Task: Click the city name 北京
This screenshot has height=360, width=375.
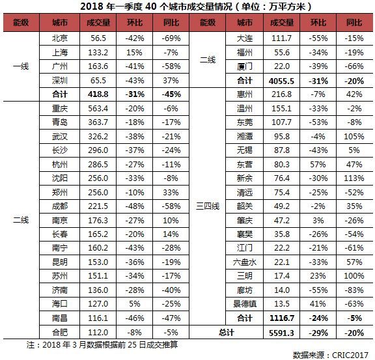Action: click(x=60, y=38)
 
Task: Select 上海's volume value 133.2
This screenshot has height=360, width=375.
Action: click(x=98, y=52)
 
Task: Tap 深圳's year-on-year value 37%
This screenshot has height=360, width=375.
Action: click(x=171, y=80)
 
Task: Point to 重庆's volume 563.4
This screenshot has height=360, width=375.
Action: click(x=98, y=109)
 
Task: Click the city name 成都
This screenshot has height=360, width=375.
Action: click(x=60, y=206)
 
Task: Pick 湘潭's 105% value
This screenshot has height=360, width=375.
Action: click(x=354, y=136)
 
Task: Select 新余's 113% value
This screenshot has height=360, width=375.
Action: click(x=354, y=178)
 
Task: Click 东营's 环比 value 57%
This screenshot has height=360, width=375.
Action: click(x=318, y=165)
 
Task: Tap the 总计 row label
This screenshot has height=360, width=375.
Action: click(x=227, y=333)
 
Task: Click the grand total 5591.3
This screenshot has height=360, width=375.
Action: click(x=281, y=333)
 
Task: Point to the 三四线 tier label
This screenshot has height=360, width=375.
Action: click(x=208, y=206)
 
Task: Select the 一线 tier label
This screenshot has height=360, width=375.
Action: click(x=21, y=66)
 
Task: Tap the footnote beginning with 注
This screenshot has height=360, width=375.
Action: click(x=102, y=345)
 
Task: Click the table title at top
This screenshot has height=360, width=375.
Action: click(x=196, y=7)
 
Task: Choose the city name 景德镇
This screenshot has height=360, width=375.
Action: click(x=245, y=304)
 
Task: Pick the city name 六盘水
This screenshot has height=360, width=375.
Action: click(x=245, y=262)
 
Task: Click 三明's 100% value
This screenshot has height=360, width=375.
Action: click(x=354, y=276)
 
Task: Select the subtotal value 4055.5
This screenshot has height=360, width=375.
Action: click(x=281, y=81)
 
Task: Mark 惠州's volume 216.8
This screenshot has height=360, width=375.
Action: click(x=281, y=94)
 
